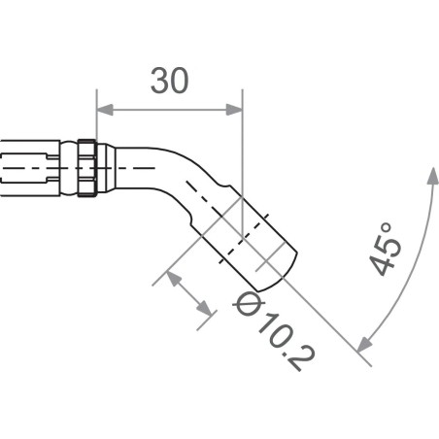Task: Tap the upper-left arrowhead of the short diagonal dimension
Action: [x=173, y=277]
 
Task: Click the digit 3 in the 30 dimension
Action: [x=157, y=82]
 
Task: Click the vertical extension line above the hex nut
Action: [x=96, y=121]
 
